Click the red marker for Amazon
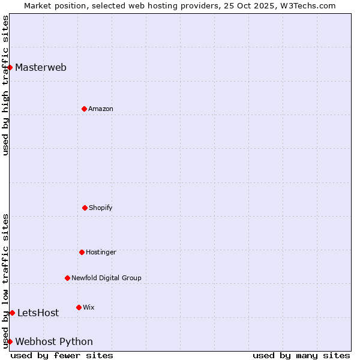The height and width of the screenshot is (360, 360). (84, 109)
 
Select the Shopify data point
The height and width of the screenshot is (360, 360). (85, 208)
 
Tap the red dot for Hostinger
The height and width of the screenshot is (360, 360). (82, 252)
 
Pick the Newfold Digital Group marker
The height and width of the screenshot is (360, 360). (67, 278)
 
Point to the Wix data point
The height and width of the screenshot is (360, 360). (79, 307)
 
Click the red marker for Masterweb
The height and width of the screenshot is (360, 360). (10, 67)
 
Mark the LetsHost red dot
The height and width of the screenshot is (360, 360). (12, 313)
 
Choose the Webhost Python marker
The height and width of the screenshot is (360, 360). (10, 341)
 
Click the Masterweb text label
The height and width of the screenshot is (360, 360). (41, 67)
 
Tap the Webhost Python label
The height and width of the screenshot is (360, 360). (54, 342)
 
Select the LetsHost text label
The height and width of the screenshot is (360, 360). (38, 313)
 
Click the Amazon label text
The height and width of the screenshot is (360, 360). (101, 109)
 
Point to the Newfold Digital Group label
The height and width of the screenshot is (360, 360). (106, 278)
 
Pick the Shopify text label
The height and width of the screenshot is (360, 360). (101, 208)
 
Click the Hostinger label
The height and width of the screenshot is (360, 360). (101, 252)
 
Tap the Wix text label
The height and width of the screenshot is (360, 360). (89, 307)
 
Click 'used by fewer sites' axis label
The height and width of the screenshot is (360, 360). (62, 355)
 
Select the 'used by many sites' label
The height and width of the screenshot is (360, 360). (301, 355)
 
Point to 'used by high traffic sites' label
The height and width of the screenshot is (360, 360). (5, 85)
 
